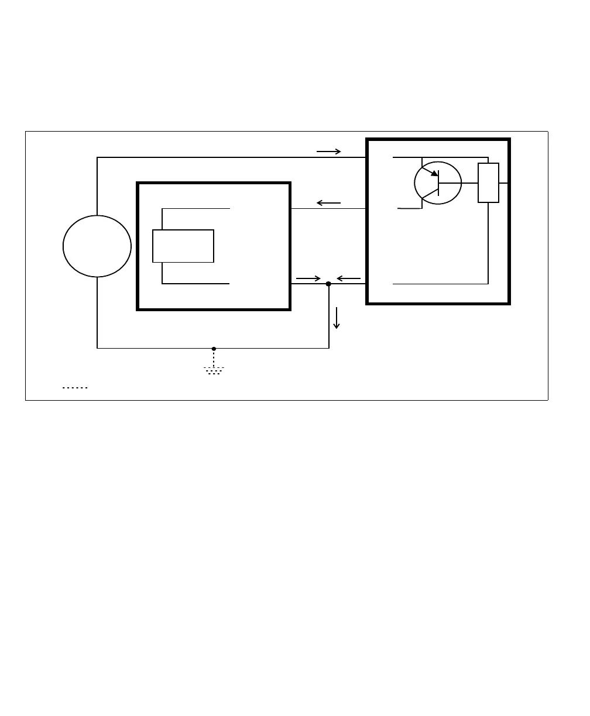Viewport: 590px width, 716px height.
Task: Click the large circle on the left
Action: [97, 246]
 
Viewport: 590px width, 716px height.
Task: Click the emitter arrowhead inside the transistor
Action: [434, 173]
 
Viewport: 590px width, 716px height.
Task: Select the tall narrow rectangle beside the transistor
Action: [488, 183]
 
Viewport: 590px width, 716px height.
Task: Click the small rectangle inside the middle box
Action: [183, 246]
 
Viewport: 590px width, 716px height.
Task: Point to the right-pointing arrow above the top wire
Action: [329, 152]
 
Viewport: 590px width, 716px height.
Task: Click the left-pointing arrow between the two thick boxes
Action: [328, 203]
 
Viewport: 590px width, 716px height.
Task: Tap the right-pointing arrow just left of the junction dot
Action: [308, 278]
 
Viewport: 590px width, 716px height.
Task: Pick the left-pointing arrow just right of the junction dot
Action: [349, 278]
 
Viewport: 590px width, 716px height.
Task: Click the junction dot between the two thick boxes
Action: [328, 284]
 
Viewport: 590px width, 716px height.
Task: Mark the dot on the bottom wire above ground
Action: [214, 349]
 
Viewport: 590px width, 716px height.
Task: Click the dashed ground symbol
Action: [214, 370]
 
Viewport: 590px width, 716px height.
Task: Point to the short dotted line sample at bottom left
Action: [75, 387]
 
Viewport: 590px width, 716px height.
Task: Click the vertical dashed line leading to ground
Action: [214, 358]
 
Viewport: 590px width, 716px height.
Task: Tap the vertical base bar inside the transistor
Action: [438, 183]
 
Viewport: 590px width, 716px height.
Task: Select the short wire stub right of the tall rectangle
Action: [503, 183]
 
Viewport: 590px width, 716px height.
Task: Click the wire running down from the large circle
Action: [97, 312]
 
